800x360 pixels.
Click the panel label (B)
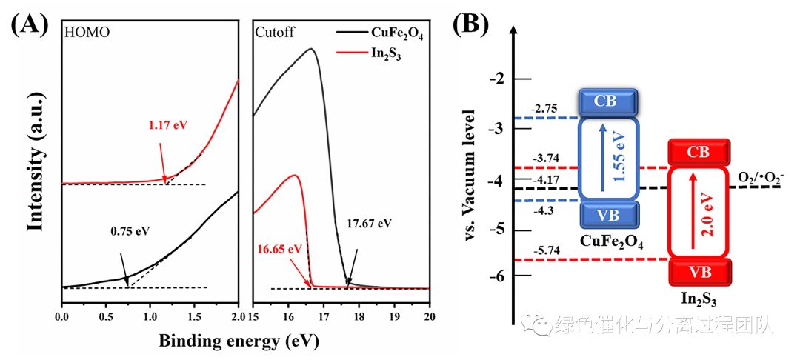(470, 26)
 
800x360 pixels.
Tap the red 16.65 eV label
(281, 248)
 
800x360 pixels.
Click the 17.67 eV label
(369, 222)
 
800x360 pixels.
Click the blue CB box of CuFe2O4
(607, 102)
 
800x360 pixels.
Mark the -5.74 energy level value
(547, 250)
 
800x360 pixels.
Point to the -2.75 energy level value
(547, 109)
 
